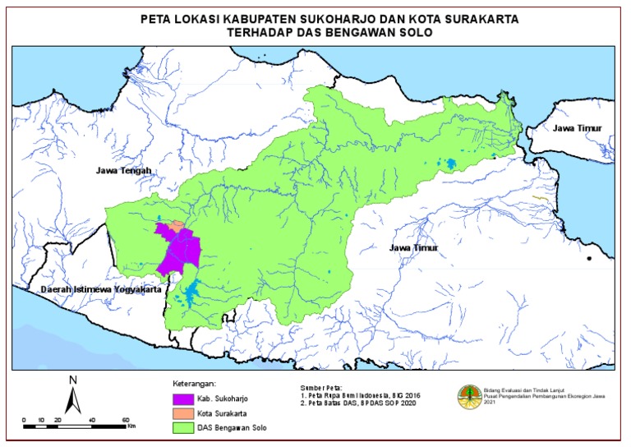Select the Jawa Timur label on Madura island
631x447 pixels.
(577, 129)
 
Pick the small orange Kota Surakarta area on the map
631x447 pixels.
(176, 224)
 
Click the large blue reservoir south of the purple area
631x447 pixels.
(193, 292)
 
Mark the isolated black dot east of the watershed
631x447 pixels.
(589, 259)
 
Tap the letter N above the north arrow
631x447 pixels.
(73, 380)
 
